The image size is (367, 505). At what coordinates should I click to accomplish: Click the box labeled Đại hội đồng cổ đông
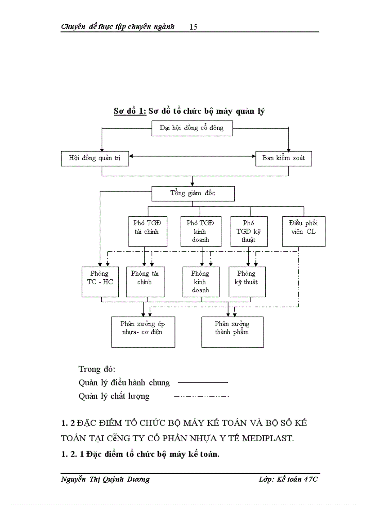(192, 128)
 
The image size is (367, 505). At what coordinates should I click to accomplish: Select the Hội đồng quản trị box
(95, 158)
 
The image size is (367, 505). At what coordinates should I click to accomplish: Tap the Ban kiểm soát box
(283, 158)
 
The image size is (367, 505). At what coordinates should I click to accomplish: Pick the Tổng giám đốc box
(193, 193)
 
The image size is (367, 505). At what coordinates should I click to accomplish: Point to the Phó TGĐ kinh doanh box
(200, 231)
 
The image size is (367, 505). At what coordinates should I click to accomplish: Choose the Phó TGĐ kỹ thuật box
(249, 231)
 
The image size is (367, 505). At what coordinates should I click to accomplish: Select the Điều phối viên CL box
(304, 231)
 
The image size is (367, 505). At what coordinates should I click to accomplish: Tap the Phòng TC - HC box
(100, 282)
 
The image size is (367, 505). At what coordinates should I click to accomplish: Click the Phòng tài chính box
(145, 282)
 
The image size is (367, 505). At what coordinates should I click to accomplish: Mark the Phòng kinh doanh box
(201, 282)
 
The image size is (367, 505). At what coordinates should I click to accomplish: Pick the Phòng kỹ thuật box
(247, 282)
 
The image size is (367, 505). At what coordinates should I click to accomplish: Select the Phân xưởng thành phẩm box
(233, 332)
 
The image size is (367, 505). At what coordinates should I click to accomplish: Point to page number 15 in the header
(193, 27)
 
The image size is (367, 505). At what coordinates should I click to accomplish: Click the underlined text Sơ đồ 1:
(130, 111)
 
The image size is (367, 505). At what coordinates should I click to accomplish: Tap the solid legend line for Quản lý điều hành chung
(203, 382)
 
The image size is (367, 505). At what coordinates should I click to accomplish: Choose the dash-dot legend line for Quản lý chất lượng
(201, 396)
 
